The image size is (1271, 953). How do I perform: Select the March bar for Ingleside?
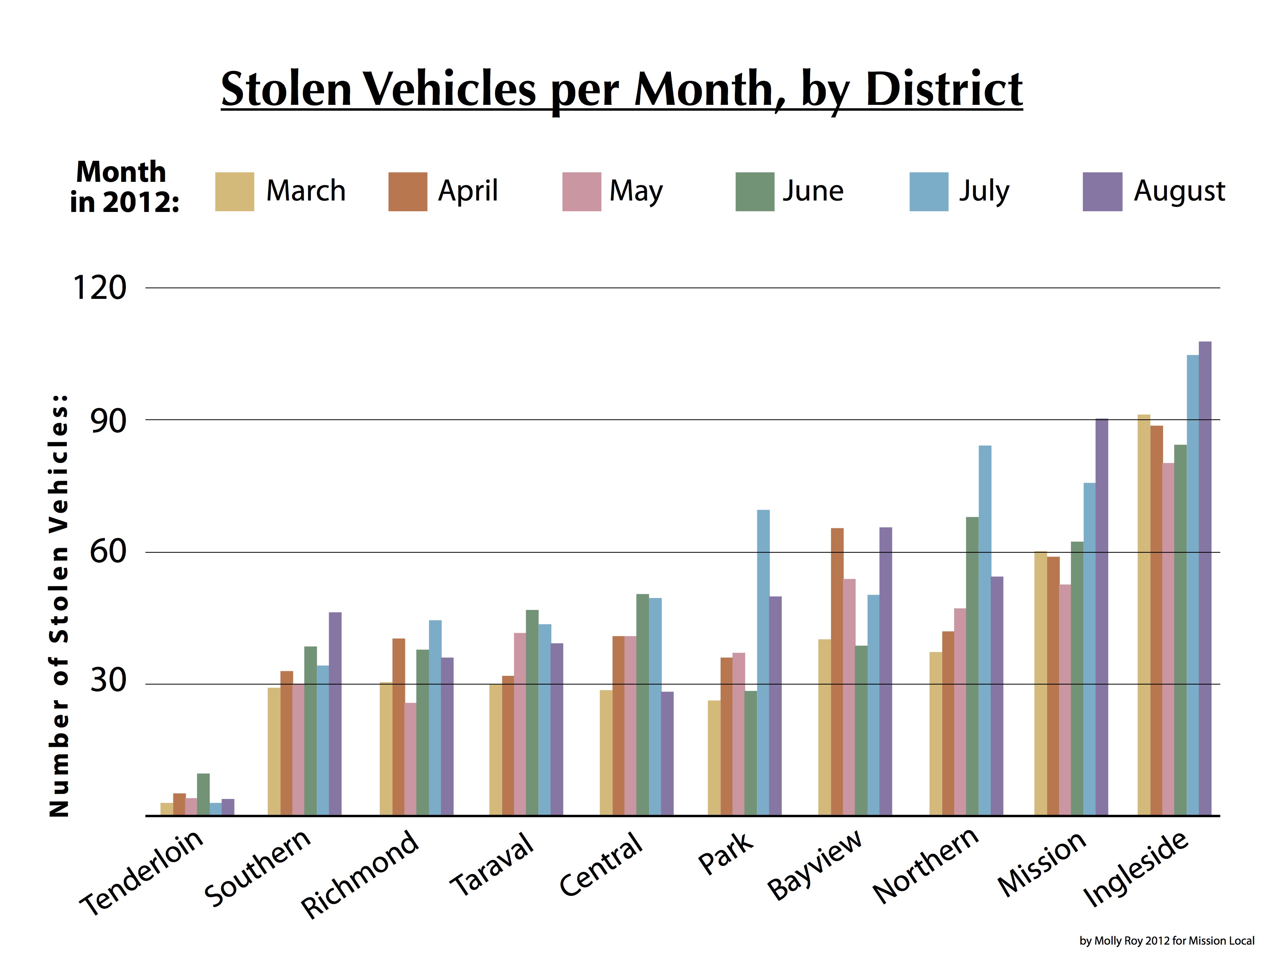1143,614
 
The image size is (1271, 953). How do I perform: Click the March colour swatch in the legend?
235,191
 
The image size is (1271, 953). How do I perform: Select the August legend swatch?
1102,191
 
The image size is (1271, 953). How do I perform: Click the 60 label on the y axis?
108,552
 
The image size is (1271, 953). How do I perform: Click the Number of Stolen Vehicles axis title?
59,606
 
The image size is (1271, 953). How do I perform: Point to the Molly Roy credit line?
1167,940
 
